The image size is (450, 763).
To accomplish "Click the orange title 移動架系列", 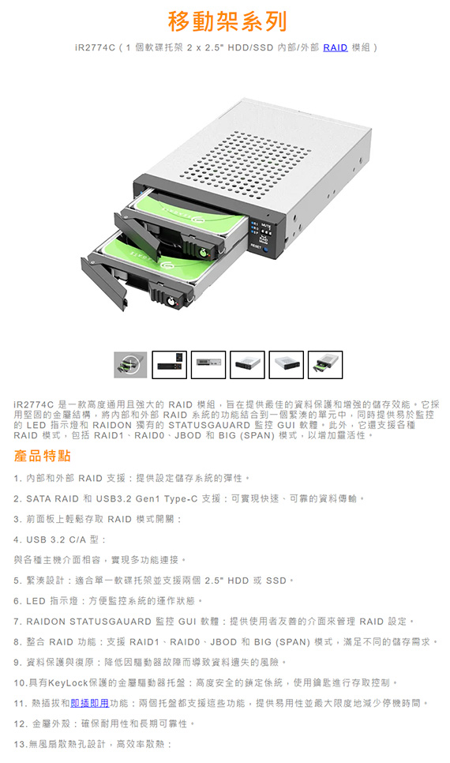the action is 227,21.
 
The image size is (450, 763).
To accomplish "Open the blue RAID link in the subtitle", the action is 336,47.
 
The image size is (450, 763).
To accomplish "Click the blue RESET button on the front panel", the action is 265,248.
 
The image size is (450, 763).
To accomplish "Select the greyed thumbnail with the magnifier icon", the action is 130,365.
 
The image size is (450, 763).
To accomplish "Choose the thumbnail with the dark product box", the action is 169,365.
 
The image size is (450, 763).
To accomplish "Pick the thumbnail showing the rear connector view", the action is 208,365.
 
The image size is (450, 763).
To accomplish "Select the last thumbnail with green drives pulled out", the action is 325,365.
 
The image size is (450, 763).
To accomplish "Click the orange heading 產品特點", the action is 43,456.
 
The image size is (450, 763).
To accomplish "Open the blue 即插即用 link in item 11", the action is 89,703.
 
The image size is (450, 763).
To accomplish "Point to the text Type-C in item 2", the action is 181,498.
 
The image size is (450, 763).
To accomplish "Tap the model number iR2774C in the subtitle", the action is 96,47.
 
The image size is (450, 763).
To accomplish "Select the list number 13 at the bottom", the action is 21,744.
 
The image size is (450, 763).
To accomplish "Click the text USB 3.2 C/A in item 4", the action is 56,539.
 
